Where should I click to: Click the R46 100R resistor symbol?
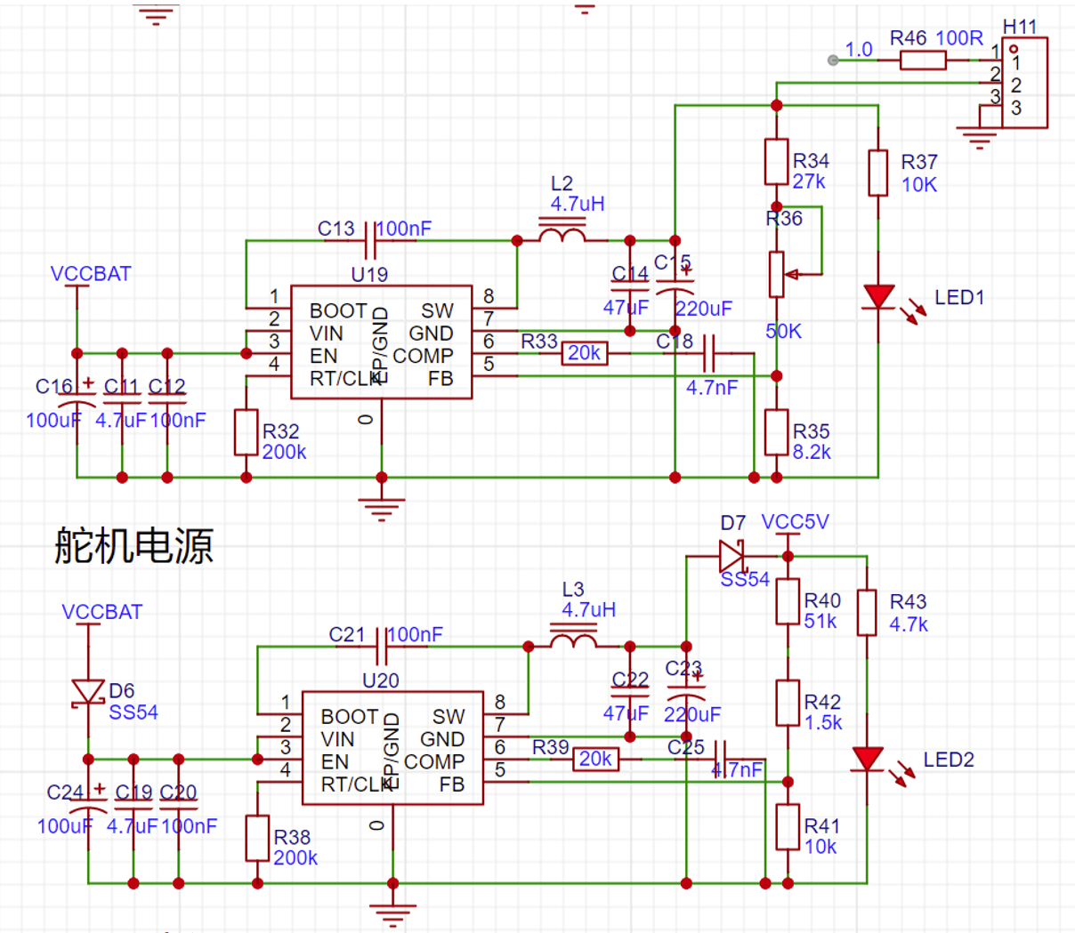coord(923,60)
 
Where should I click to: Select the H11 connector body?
coord(1024,83)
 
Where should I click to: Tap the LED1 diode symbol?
coord(879,297)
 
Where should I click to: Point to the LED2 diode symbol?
coord(868,760)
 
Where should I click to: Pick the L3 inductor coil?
coord(574,641)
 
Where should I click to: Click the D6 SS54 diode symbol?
coord(88,692)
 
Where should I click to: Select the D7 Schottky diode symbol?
coord(732,557)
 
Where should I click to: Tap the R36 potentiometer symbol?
coord(777,274)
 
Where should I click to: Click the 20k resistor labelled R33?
coord(585,354)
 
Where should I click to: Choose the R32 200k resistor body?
coord(247,432)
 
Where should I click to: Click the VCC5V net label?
coord(795,522)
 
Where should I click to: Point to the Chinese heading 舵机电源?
coord(133,544)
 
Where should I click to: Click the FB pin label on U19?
coord(441,379)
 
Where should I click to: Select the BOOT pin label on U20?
coord(350,717)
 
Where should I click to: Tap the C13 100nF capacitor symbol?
coord(370,240)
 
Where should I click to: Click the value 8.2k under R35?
coord(812,452)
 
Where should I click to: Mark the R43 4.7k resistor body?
coord(867,613)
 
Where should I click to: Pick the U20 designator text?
coord(380,680)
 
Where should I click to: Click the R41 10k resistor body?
coord(788,827)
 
